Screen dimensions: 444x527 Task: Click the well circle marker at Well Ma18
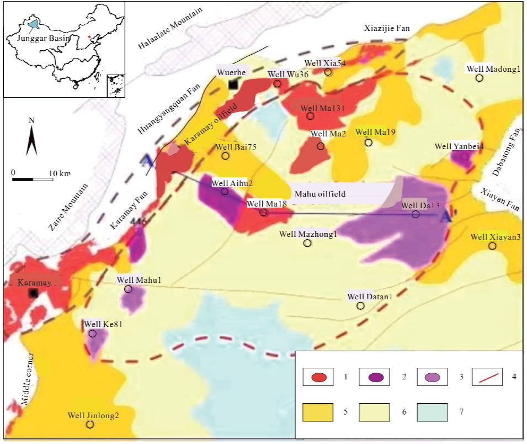coord(263,212)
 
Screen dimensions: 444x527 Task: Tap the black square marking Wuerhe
coord(233,84)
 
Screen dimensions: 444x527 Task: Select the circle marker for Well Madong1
coord(480,78)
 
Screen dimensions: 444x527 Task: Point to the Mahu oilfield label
coord(320,194)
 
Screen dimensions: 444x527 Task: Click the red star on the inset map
coord(89,37)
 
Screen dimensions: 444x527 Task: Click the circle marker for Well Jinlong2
coord(90,425)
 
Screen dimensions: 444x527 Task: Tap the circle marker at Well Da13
coord(416,214)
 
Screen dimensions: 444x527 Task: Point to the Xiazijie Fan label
coord(386,28)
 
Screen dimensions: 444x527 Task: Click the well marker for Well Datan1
coord(361,305)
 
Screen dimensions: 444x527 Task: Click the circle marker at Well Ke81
coord(92,334)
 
